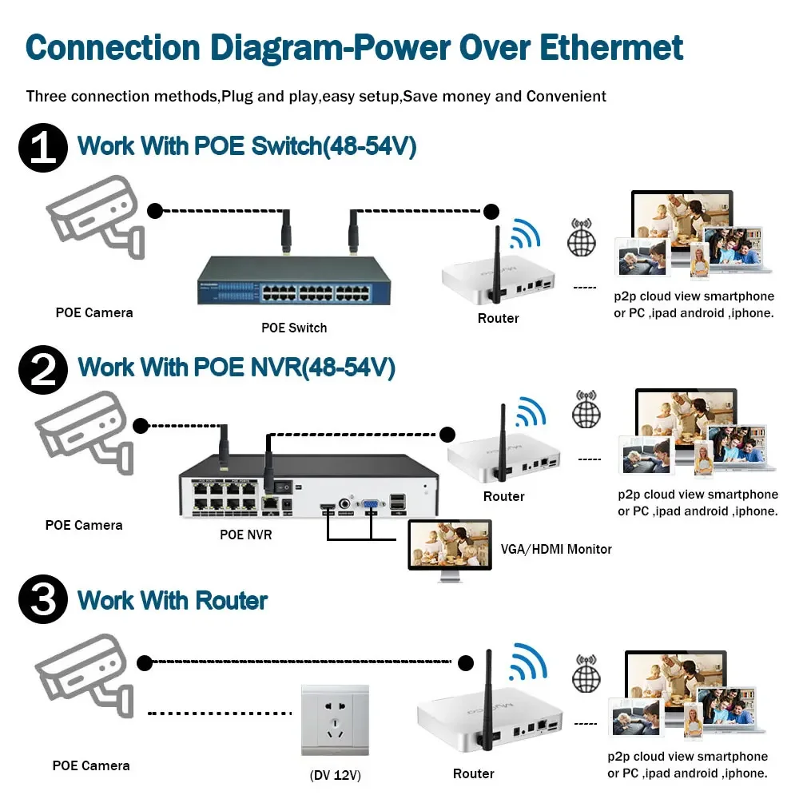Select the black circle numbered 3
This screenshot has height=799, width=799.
tap(42, 601)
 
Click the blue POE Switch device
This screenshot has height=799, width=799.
tap(294, 280)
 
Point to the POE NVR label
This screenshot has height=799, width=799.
tap(246, 535)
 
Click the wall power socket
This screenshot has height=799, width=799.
tap(335, 720)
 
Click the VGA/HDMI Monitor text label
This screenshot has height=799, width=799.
tap(556, 549)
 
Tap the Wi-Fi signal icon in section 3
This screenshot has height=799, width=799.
tap(528, 660)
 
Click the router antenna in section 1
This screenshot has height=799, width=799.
tap(494, 260)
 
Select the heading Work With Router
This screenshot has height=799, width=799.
tap(172, 601)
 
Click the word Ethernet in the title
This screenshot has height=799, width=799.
tap(612, 47)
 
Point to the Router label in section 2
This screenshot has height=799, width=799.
tap(503, 496)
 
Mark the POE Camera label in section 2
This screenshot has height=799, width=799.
tap(84, 525)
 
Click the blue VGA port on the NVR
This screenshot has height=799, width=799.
tap(371, 504)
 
